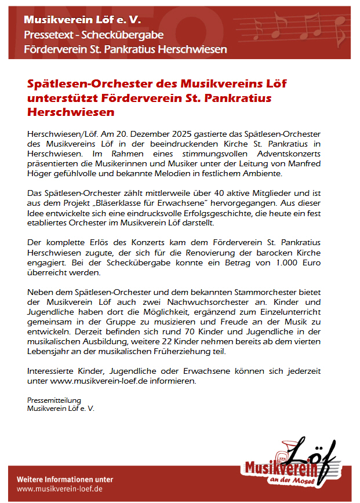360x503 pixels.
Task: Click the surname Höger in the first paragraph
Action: [x=41, y=174]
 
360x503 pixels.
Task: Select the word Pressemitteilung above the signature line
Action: [x=54, y=400]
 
